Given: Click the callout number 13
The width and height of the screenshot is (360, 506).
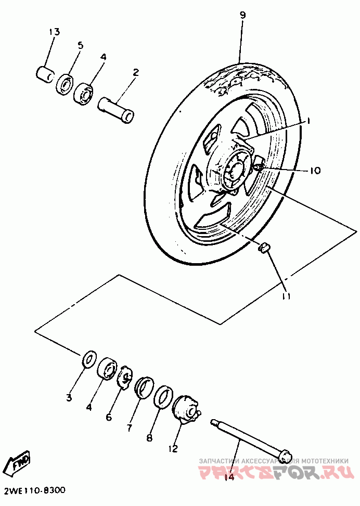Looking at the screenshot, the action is (55, 32).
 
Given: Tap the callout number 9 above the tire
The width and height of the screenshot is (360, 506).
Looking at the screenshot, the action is (242, 15).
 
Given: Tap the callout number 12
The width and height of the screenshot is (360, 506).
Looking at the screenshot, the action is (173, 448).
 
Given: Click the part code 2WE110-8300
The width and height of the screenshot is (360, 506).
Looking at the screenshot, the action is (34, 491).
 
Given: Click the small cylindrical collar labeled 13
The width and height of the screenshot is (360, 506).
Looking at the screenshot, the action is (45, 72).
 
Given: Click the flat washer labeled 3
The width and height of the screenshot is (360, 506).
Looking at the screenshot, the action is (89, 358).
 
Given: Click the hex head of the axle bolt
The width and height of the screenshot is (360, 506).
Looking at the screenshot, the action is (284, 455).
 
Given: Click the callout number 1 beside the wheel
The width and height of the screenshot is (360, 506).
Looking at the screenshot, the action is (307, 121).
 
